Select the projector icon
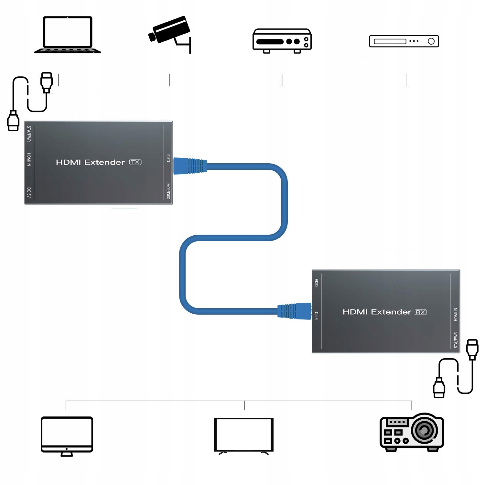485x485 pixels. (412, 432)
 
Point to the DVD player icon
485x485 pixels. (404, 41)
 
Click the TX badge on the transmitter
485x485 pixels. (135, 162)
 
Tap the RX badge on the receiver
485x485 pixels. (421, 312)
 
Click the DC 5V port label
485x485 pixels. (29, 192)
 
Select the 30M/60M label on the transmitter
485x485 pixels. (168, 191)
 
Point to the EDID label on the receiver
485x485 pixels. (316, 283)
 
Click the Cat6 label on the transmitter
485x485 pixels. (168, 158)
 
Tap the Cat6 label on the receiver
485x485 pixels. (316, 316)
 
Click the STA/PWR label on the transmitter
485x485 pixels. (29, 134)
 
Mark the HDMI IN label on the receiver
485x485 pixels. (456, 314)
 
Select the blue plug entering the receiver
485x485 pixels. (294, 311)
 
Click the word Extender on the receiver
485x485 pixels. (391, 312)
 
